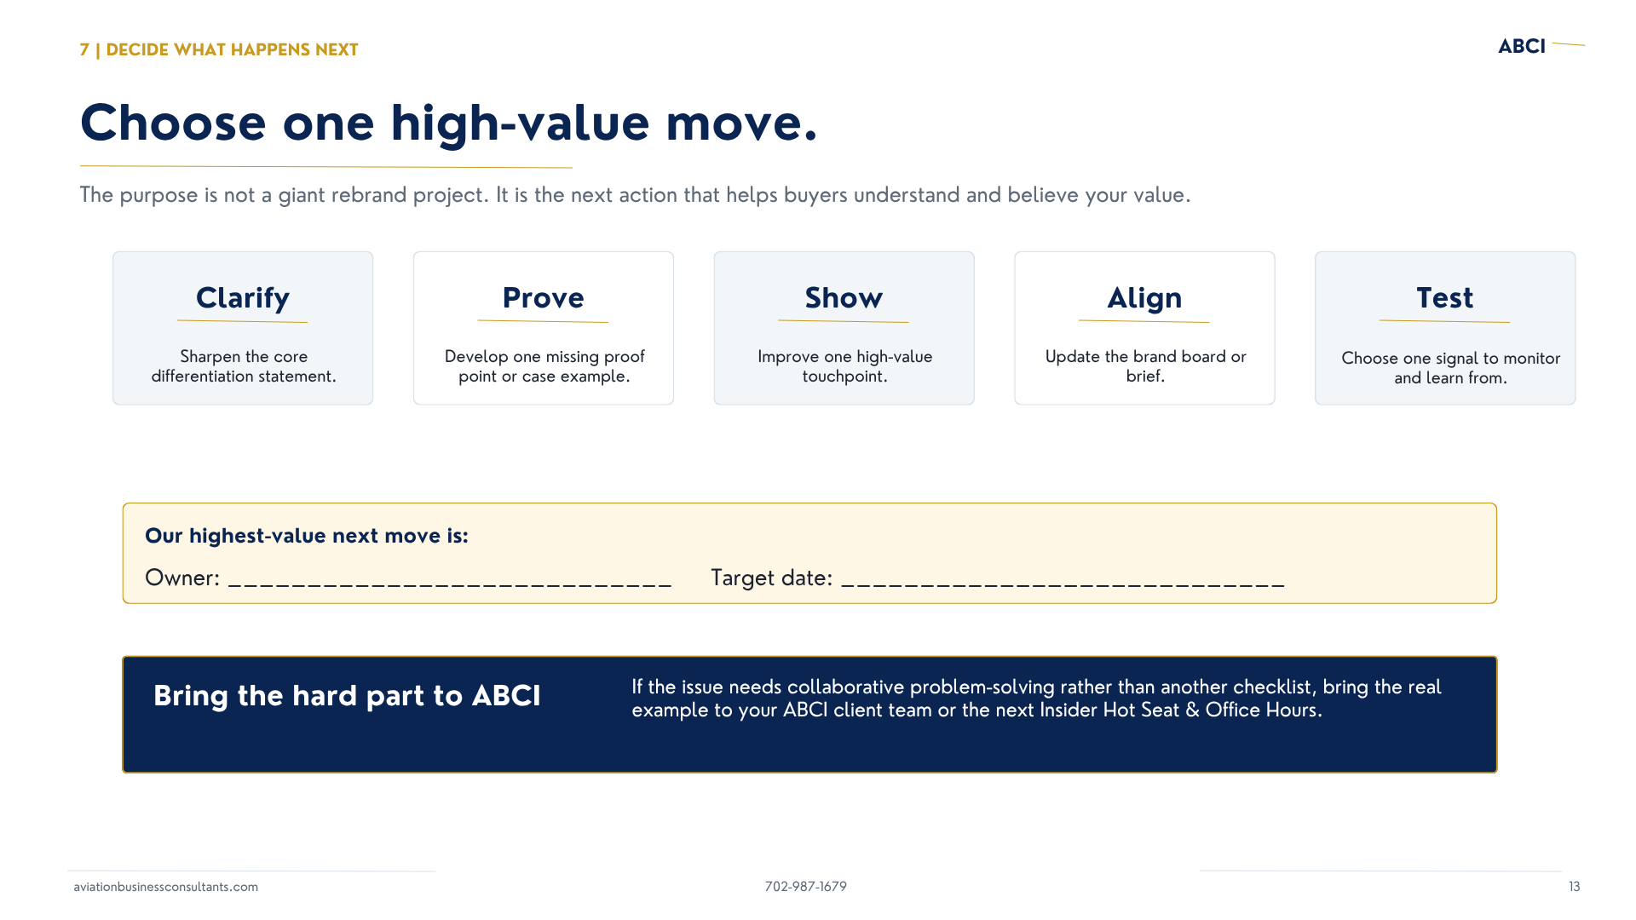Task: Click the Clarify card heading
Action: [x=243, y=298]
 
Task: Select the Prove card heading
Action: [x=544, y=298]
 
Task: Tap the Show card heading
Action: [x=844, y=298]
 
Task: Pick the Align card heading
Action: [x=1144, y=298]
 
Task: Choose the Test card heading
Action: [x=1445, y=298]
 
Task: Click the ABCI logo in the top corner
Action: [x=1522, y=46]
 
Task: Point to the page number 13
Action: [x=1575, y=887]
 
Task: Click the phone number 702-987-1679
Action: [x=806, y=887]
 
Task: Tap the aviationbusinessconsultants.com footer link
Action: [x=165, y=887]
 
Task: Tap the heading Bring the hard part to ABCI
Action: [x=347, y=696]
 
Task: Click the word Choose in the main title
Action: [x=173, y=123]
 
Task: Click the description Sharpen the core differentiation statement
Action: [x=244, y=366]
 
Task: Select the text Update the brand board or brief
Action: [x=1145, y=366]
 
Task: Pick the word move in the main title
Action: [x=741, y=123]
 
